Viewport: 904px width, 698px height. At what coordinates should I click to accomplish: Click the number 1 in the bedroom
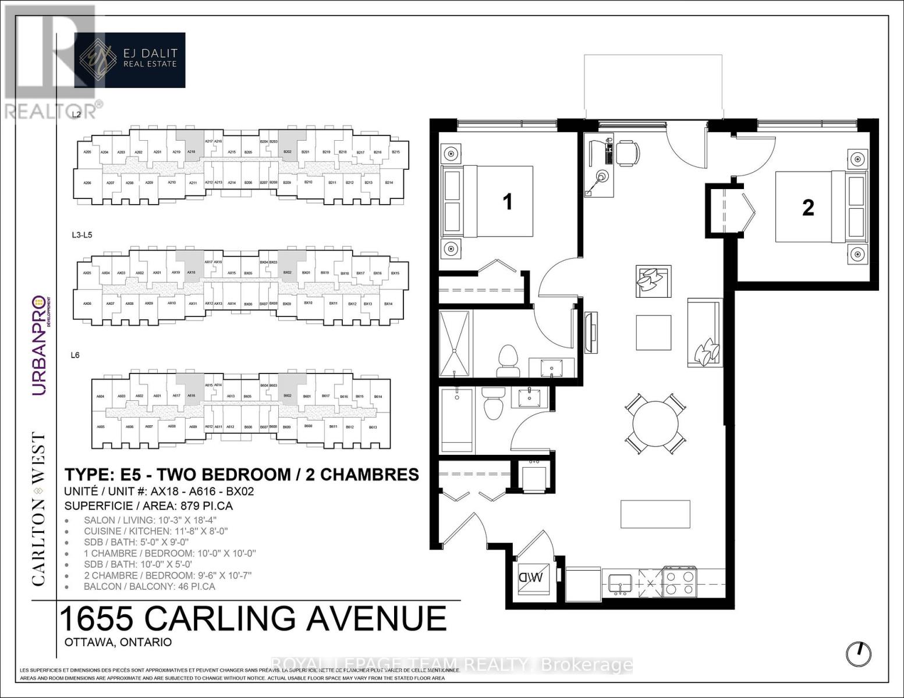point(508,202)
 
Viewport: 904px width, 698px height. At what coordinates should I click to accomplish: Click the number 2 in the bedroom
point(808,208)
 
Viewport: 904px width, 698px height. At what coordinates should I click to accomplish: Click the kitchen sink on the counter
point(622,582)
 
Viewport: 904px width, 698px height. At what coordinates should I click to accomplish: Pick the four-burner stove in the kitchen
point(680,582)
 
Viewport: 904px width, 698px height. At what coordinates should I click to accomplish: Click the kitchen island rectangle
point(655,514)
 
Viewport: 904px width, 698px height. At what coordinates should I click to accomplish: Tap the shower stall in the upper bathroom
point(455,344)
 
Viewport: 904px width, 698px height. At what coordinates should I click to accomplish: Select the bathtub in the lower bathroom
point(457,421)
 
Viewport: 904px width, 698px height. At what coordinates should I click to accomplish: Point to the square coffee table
point(653,332)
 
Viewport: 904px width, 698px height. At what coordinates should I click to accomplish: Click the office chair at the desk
point(628,153)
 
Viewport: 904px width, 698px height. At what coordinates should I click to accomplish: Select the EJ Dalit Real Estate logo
point(130,60)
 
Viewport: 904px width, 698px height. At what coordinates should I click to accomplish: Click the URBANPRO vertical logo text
point(39,346)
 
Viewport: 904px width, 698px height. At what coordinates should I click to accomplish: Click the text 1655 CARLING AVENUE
point(253,619)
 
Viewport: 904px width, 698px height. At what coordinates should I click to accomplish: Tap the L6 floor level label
point(75,355)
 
